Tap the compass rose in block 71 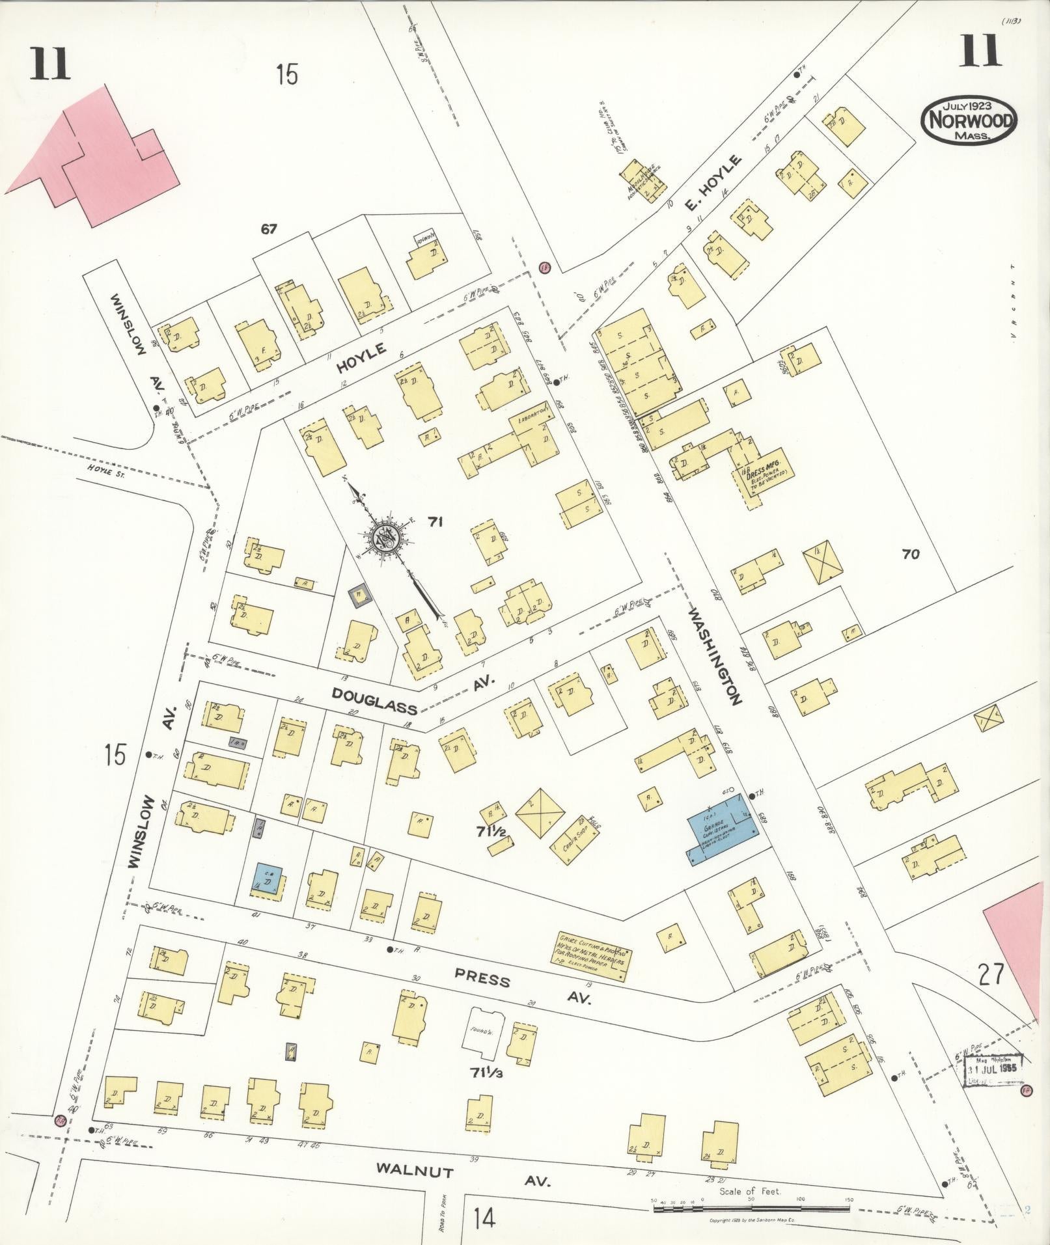(385, 538)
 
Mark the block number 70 (910, 554)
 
